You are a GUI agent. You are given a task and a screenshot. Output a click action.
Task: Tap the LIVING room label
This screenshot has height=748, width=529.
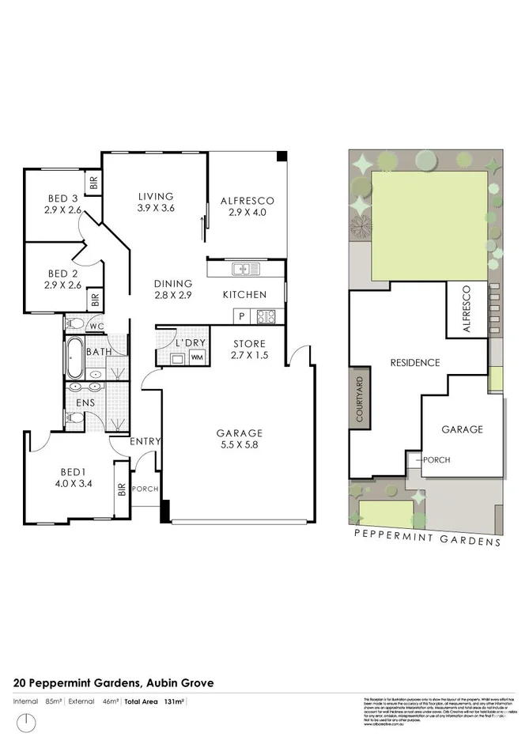156,197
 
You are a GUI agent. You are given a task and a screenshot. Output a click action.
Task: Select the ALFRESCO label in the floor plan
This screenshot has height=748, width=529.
247,201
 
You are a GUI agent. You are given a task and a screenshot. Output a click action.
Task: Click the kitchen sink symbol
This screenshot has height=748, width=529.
247,270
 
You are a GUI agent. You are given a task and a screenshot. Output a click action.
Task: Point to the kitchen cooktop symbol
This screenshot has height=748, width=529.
266,316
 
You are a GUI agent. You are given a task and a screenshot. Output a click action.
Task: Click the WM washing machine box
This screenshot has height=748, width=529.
197,357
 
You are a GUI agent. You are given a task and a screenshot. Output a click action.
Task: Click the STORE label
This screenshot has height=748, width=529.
249,344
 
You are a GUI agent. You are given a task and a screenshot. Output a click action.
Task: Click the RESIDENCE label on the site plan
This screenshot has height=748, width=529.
414,363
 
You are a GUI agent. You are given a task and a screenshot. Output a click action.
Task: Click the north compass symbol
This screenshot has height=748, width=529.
28,721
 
